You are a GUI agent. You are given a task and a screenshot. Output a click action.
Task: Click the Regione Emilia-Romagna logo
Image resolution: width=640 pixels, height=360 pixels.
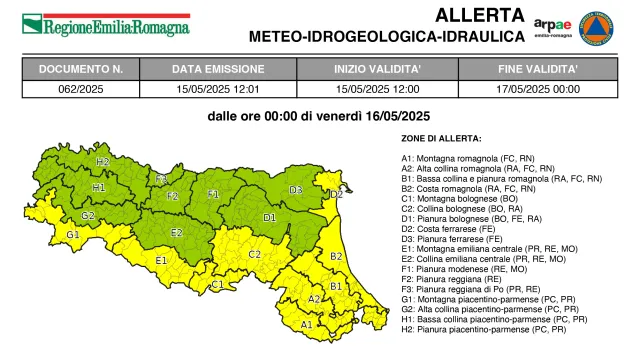pos(105,23)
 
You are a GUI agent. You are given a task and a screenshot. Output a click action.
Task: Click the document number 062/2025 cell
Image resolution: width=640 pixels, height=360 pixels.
pos(81,88)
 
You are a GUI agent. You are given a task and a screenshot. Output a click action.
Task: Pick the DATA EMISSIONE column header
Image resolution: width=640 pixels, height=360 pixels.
pos(216,70)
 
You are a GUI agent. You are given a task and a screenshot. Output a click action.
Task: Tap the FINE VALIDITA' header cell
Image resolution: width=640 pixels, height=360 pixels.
pos(537,70)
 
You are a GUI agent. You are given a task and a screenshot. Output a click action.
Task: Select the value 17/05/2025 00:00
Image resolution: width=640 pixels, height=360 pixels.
pos(537,88)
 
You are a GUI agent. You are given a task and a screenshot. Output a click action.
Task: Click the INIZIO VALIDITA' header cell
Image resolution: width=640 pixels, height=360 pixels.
pos(377,70)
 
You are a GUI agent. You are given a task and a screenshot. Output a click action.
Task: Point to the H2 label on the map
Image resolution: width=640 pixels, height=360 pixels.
pos(102,161)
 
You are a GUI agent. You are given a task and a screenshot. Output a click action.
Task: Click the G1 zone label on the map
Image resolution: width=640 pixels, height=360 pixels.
pos(73,234)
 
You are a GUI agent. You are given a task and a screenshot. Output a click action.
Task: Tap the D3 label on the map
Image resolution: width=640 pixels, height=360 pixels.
pos(296,189)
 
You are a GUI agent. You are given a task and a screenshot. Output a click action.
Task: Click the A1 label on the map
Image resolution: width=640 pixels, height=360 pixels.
pos(307,324)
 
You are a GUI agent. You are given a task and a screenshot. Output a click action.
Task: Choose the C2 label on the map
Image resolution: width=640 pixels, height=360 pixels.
pos(255,254)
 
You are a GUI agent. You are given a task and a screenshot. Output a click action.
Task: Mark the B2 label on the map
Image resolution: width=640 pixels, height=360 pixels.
pos(336,256)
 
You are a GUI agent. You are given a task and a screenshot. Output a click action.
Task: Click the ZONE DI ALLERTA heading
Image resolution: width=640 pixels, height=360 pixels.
pos(441,138)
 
